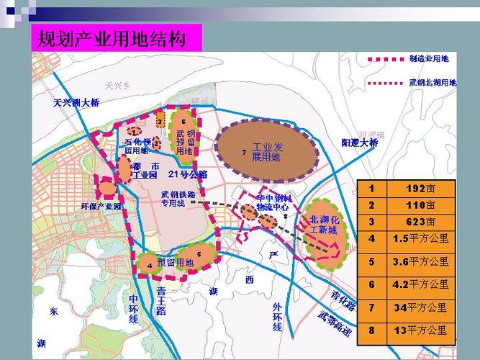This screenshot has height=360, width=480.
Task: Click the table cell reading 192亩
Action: point(421,189)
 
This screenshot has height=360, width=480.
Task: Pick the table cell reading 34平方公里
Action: point(421,308)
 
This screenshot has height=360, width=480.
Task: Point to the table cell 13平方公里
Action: point(421,331)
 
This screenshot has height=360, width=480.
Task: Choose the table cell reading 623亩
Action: point(421,221)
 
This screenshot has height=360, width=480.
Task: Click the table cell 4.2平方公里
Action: point(421,284)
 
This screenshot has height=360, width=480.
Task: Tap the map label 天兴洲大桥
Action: point(76,103)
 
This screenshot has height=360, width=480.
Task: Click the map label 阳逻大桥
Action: point(360,143)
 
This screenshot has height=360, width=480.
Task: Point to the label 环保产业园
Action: point(101,207)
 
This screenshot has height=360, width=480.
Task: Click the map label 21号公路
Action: point(188,174)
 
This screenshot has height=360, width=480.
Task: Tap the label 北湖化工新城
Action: point(323,225)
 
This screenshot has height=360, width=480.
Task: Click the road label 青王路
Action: point(160,301)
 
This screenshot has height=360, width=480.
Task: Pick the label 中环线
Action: point(134,308)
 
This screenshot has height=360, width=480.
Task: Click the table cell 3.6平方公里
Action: point(421,262)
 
